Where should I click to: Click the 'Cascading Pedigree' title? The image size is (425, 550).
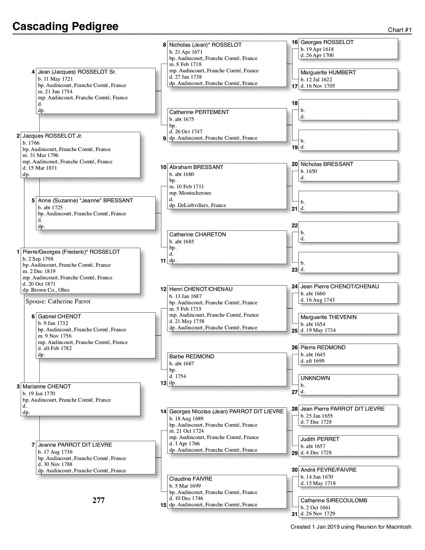click(65, 26)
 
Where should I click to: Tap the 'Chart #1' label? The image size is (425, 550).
click(400, 30)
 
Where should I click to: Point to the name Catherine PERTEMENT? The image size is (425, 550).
click(199, 112)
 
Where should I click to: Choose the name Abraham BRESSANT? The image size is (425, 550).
click(196, 167)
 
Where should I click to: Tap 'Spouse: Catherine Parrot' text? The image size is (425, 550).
click(58, 302)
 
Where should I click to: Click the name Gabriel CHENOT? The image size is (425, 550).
click(59, 317)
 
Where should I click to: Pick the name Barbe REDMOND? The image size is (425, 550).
click(192, 357)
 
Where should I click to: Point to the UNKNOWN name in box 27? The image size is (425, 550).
click(315, 378)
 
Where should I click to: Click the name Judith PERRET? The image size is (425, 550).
click(320, 439)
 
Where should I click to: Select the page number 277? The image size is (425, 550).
click(99, 500)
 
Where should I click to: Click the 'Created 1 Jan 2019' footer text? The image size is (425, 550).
click(351, 527)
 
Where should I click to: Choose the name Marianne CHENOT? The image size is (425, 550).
click(47, 387)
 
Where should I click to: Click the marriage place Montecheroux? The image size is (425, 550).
click(190, 193)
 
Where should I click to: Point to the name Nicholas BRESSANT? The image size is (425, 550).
click(327, 164)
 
